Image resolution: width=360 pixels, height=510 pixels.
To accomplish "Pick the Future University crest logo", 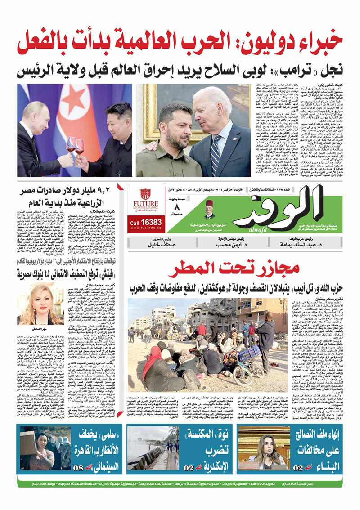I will click(x=145, y=194).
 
